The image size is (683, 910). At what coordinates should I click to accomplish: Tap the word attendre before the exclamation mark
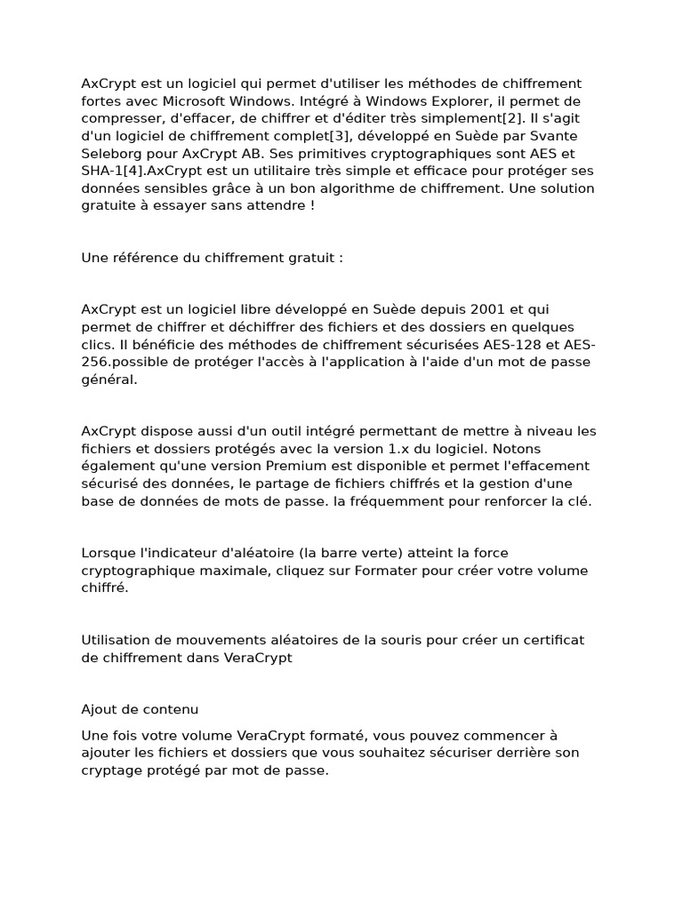click(x=277, y=205)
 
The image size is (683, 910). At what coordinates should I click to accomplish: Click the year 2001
click(x=480, y=309)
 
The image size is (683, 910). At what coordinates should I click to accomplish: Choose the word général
click(x=108, y=379)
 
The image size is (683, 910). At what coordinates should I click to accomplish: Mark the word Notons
click(x=517, y=448)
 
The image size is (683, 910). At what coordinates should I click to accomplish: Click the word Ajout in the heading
click(x=100, y=709)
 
